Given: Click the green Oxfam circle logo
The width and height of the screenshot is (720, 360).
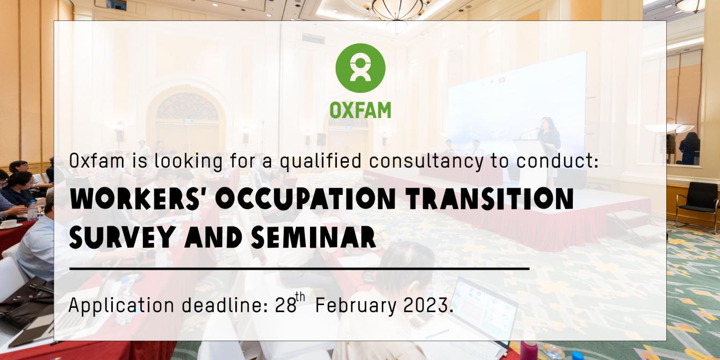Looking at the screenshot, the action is (361, 68).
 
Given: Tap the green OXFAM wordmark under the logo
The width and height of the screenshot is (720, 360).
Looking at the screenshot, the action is (361, 110).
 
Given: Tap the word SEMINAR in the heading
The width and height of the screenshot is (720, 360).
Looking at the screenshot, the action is (314, 237).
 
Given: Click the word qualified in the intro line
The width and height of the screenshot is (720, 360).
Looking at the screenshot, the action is (320, 161).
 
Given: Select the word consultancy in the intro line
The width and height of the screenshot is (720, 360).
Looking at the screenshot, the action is (426, 161).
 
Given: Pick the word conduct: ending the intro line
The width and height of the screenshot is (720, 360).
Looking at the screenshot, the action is (558, 161).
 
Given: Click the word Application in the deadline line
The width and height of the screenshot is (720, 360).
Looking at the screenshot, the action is (121, 305).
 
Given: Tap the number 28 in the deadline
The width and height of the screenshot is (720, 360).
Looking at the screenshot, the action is (285, 305).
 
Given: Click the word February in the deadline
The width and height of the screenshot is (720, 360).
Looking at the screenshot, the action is (356, 305).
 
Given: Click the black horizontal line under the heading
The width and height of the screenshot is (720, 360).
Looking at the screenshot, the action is (299, 269).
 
